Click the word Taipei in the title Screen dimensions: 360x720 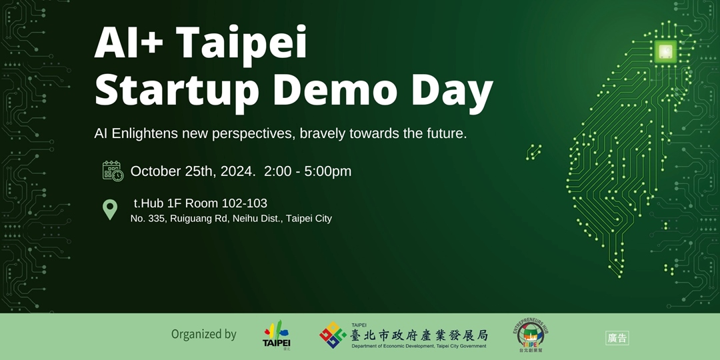(244, 44)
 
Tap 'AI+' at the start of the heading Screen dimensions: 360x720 (130, 44)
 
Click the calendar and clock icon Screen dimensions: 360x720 (113, 171)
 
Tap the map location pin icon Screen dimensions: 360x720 (110, 209)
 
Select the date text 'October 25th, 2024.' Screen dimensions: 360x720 (193, 171)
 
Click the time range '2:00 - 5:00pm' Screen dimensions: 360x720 (307, 171)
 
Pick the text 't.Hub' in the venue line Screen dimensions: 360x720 (149, 203)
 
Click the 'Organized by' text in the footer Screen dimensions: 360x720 (203, 335)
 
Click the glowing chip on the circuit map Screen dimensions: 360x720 (665, 51)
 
